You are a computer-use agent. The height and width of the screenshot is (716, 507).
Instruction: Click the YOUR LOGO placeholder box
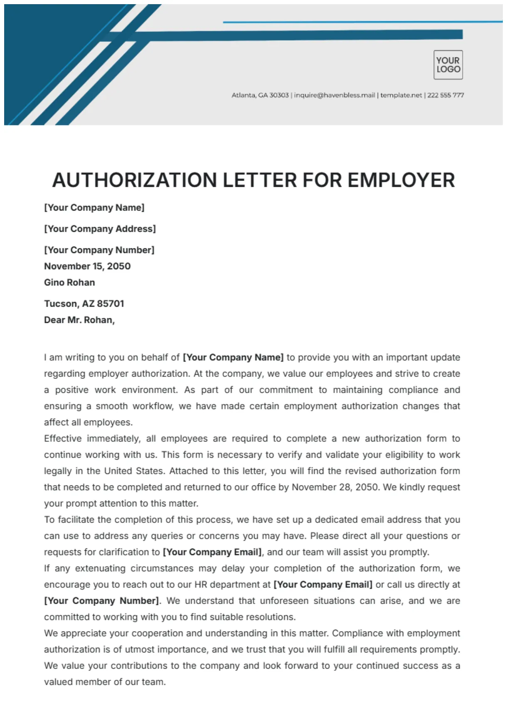pos(448,65)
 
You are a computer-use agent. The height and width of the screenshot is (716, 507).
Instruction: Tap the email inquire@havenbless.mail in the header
pos(334,95)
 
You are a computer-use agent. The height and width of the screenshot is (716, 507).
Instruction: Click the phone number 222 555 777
pos(445,95)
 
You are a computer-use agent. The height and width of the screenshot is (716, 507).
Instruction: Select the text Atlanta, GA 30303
pos(260,95)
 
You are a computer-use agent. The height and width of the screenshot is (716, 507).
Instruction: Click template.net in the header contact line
pos(401,95)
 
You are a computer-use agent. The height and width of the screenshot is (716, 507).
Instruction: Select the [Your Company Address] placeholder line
pos(100,229)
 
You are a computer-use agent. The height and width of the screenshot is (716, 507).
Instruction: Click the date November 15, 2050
pos(87,266)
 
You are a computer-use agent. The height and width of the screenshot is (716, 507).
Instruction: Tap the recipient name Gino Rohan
pos(69,282)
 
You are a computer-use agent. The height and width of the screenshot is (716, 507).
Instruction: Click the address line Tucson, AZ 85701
pos(84,304)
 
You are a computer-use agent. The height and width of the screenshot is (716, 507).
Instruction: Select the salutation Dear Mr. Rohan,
pos(79,320)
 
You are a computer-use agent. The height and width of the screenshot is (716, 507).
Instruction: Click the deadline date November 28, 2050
pos(335,487)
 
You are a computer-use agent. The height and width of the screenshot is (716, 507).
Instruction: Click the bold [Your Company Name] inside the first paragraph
pos(233,357)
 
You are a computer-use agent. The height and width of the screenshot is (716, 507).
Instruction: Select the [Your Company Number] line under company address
pos(99,250)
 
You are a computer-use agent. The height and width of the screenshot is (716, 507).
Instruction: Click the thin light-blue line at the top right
pos(362,22)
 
